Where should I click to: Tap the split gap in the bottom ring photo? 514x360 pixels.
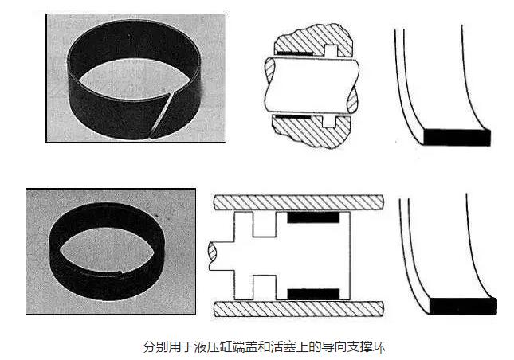click(x=120, y=272)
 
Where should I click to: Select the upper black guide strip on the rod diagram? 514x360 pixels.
click(x=294, y=53)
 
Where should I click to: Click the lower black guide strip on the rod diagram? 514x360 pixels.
click(x=292, y=116)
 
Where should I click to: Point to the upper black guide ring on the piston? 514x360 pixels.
click(x=313, y=217)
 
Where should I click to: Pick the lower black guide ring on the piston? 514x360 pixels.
click(x=313, y=294)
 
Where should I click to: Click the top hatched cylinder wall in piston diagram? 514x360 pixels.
click(x=298, y=203)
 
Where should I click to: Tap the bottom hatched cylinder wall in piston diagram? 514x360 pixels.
click(x=298, y=309)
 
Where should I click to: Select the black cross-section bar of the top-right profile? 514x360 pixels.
click(x=457, y=137)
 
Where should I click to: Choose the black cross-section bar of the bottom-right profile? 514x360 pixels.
click(x=463, y=306)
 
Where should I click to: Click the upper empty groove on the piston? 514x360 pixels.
click(x=265, y=224)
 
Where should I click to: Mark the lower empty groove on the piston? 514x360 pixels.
click(x=265, y=288)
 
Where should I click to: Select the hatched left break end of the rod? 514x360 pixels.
click(x=270, y=70)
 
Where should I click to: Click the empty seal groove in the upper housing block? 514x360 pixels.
click(x=332, y=50)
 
